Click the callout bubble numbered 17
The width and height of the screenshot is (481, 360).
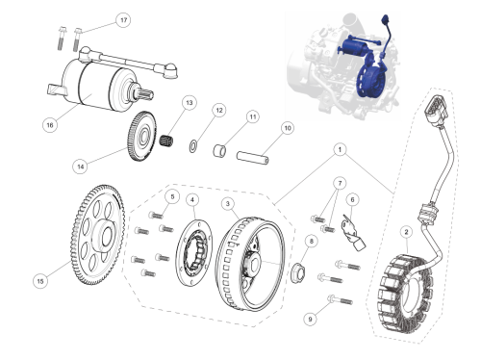124,20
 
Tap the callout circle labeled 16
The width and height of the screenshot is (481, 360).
50,124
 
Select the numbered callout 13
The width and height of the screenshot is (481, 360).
190,103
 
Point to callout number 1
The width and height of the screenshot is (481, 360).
340,149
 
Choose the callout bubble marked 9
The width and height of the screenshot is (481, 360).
310,319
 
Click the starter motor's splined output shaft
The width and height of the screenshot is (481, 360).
143,92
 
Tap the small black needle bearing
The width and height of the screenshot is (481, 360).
166,141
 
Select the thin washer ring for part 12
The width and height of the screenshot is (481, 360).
193,146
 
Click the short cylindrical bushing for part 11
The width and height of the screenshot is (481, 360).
219,150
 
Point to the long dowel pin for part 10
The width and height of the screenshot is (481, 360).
252,157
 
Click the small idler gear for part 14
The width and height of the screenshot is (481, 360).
142,136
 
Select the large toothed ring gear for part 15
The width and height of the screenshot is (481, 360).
98,235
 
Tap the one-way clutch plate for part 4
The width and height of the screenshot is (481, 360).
193,252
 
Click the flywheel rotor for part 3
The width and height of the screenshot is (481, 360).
250,264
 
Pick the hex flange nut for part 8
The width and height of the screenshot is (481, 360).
298,272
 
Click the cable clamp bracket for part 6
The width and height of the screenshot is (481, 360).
353,233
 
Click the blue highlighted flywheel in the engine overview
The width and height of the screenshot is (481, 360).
370,80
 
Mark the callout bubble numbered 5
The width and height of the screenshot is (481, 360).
172,196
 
